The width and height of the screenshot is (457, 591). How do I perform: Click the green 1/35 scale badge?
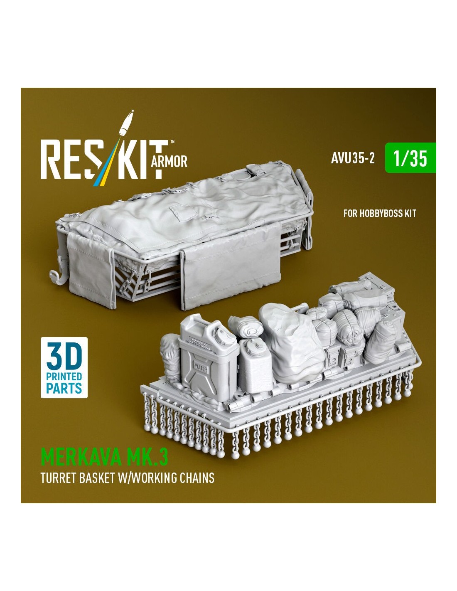click(x=410, y=158)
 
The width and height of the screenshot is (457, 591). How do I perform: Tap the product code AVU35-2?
click(x=353, y=158)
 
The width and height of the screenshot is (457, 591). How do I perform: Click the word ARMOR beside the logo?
click(x=169, y=162)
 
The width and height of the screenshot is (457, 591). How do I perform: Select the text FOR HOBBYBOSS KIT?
click(x=380, y=214)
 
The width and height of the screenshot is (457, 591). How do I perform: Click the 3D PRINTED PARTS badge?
click(x=64, y=367)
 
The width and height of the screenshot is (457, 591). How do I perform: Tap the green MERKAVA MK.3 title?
click(x=104, y=458)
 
